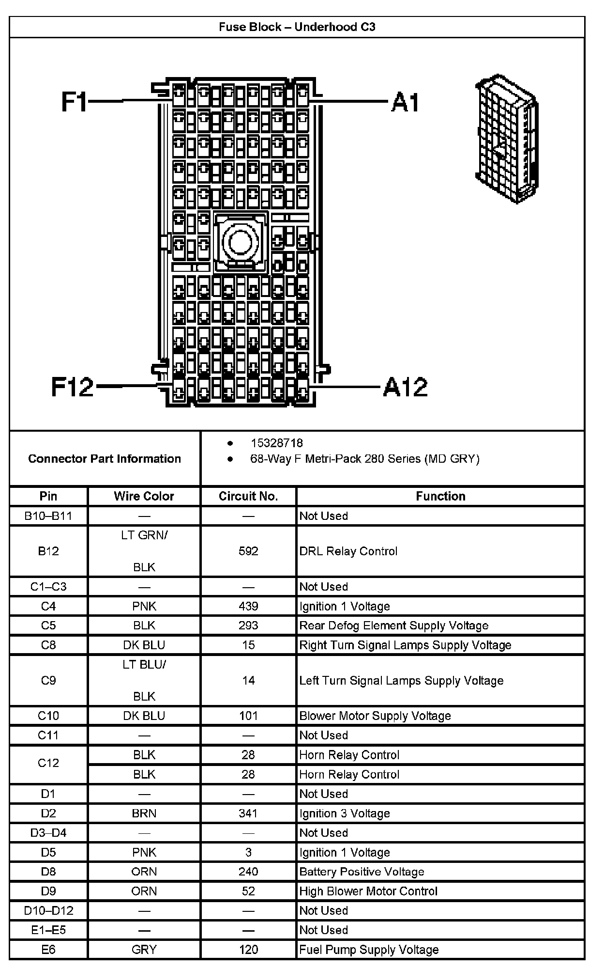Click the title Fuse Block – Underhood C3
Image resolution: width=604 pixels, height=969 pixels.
tap(297, 27)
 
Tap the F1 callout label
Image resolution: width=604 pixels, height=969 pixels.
tap(74, 102)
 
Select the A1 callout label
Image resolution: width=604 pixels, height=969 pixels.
tap(405, 102)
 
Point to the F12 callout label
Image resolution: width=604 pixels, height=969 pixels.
tap(72, 387)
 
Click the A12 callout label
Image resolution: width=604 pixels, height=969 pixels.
tap(406, 387)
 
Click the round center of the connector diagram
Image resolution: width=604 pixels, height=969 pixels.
tap(240, 240)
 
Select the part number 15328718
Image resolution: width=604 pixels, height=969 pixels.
tap(276, 443)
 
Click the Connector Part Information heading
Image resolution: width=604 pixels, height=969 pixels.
tap(105, 459)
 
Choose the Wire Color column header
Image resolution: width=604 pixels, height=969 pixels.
tap(144, 496)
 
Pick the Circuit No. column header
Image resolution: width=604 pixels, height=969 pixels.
tap(248, 496)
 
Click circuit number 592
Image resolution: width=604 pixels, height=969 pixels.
tap(248, 551)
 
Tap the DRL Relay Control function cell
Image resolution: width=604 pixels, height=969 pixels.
tap(348, 551)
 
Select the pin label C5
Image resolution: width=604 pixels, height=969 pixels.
tap(48, 625)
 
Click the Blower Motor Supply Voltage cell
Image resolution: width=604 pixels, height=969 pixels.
tap(375, 716)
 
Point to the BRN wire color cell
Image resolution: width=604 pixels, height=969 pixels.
tap(144, 813)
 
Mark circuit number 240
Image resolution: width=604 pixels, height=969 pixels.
tap(248, 872)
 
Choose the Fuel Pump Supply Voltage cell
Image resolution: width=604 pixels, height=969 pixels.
tap(369, 950)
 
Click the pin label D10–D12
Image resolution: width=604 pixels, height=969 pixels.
tap(48, 910)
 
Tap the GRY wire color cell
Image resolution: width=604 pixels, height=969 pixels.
tap(144, 950)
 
